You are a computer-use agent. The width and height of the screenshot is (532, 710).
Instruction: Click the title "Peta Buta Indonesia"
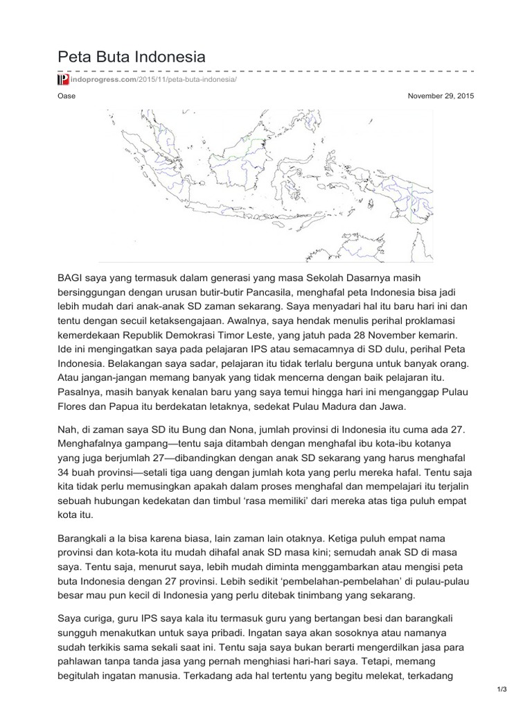coord(131,56)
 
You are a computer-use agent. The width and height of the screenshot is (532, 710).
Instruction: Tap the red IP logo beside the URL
coord(62,80)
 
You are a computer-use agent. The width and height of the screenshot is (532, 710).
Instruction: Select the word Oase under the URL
coord(66,96)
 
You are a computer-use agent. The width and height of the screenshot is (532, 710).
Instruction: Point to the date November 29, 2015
coord(441,96)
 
